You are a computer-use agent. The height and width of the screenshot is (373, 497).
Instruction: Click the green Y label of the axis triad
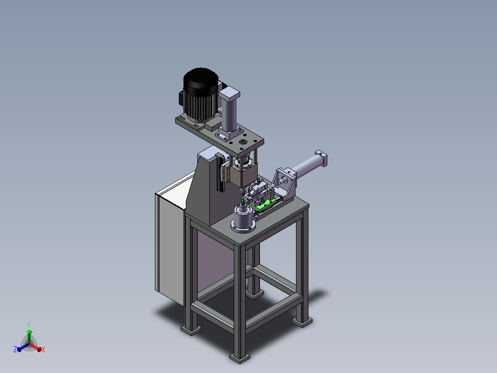pos(29,325)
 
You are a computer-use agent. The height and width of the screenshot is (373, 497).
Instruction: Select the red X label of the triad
pos(43,349)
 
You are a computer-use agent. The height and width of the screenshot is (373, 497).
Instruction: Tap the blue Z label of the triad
pos(15,349)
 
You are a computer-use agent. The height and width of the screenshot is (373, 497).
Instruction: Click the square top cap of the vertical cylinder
pos(229,94)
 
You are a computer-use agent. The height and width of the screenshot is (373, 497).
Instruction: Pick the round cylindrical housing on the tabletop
pos(243,219)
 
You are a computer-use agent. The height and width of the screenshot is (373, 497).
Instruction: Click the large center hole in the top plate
pos(243,142)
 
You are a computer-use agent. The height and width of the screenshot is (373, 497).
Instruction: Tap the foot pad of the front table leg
pos(240,358)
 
